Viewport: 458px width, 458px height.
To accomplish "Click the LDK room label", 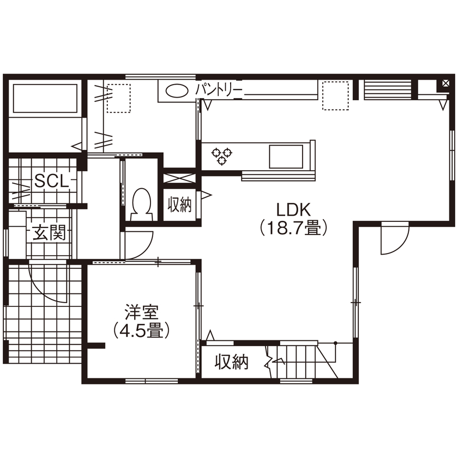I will click(x=292, y=209).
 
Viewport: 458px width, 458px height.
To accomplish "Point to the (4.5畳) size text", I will click(x=141, y=330).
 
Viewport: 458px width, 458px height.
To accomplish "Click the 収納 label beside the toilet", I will click(x=180, y=206).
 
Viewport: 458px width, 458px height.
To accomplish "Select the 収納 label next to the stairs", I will click(x=231, y=361).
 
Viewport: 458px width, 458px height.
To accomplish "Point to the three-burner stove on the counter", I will click(x=221, y=155).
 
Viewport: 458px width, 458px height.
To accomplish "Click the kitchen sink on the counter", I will click(x=285, y=157).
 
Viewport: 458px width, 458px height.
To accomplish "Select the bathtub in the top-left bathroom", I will click(x=44, y=99).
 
